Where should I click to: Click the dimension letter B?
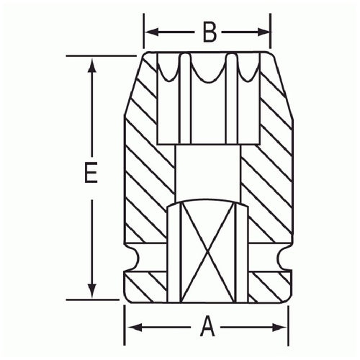click(210, 32)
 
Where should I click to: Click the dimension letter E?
click(91, 172)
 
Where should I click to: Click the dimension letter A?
click(207, 326)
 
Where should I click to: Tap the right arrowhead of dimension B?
click(264, 32)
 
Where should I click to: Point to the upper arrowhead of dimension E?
click(91, 64)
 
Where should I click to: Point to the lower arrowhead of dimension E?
click(91, 291)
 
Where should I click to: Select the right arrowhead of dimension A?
click(280, 327)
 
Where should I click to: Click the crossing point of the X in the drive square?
click(208, 253)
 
